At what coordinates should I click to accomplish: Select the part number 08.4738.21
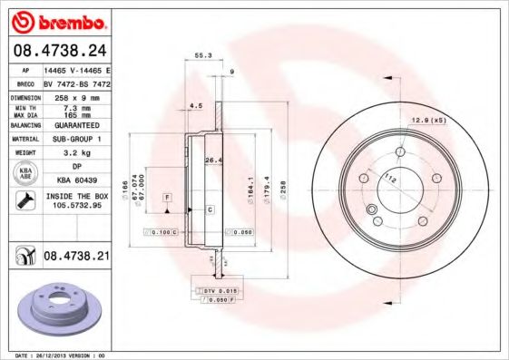tap(76, 258)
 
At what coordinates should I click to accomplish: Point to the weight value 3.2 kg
tap(75, 152)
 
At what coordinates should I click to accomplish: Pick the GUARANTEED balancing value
tap(75, 126)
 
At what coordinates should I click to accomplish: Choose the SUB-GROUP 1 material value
tap(75, 139)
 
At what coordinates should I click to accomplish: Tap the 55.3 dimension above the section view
tap(203, 56)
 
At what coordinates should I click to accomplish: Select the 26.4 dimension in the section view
tap(212, 161)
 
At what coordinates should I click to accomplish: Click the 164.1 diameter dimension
tap(250, 187)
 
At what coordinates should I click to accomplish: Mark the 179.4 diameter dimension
tap(266, 187)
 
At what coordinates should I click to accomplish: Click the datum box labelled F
tap(168, 197)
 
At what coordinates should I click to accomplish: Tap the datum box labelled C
tap(210, 209)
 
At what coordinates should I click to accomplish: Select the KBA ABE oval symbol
tap(26, 174)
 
